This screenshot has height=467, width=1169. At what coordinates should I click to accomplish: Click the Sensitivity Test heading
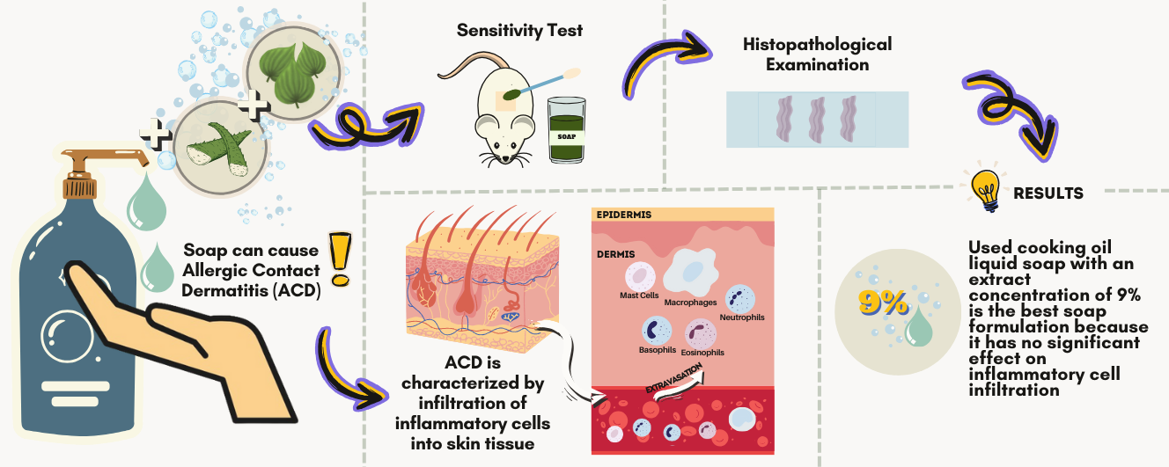click(519, 31)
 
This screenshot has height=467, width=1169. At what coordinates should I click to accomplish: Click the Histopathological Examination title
click(817, 54)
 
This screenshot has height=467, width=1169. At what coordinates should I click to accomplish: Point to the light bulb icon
click(984, 190)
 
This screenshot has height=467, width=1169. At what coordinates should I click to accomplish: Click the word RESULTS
click(1048, 193)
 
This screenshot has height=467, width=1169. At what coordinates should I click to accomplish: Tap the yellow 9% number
click(883, 303)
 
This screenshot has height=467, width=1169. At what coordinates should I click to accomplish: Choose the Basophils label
click(658, 349)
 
